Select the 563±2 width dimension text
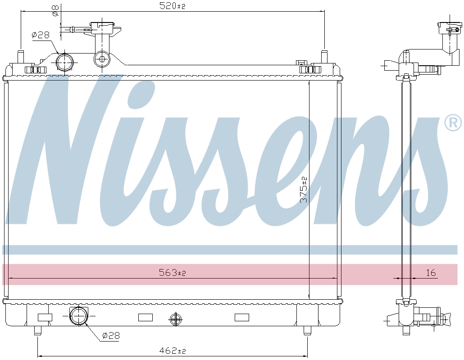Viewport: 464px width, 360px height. tap(173, 273)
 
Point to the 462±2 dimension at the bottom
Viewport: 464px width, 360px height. tap(173, 351)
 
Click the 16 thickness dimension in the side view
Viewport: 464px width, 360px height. tap(431, 273)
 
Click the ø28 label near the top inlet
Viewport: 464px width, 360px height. tap(40, 35)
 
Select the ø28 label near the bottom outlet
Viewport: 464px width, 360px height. tap(110, 335)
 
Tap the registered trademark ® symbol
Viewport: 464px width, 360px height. tap(453, 122)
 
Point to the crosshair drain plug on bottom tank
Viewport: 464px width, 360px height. tap(175, 319)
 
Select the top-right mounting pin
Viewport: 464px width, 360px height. tap(324, 57)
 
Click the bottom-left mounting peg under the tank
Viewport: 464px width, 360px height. tap(37, 331)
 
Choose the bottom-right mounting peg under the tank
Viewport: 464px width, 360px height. tap(307, 331)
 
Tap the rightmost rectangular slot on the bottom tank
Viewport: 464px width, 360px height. tap(242, 317)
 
